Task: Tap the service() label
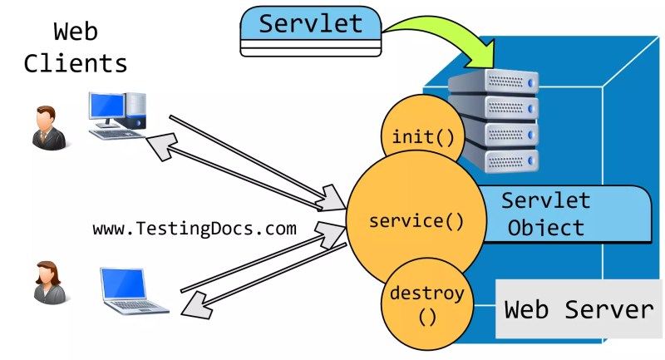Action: click(416, 221)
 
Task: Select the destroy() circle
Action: click(427, 303)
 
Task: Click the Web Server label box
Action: click(579, 308)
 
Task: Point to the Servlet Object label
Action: click(546, 215)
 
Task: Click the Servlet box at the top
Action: click(311, 31)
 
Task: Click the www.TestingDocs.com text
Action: click(195, 229)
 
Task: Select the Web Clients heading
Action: click(76, 47)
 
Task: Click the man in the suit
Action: click(49, 128)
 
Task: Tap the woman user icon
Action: click(50, 283)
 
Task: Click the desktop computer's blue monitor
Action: click(107, 106)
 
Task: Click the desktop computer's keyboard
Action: click(116, 134)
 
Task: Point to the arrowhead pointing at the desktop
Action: click(162, 146)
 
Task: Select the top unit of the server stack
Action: click(493, 81)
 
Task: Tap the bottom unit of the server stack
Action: click(500, 160)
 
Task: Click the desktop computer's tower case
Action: click(135, 111)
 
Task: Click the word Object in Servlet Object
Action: click(546, 228)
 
